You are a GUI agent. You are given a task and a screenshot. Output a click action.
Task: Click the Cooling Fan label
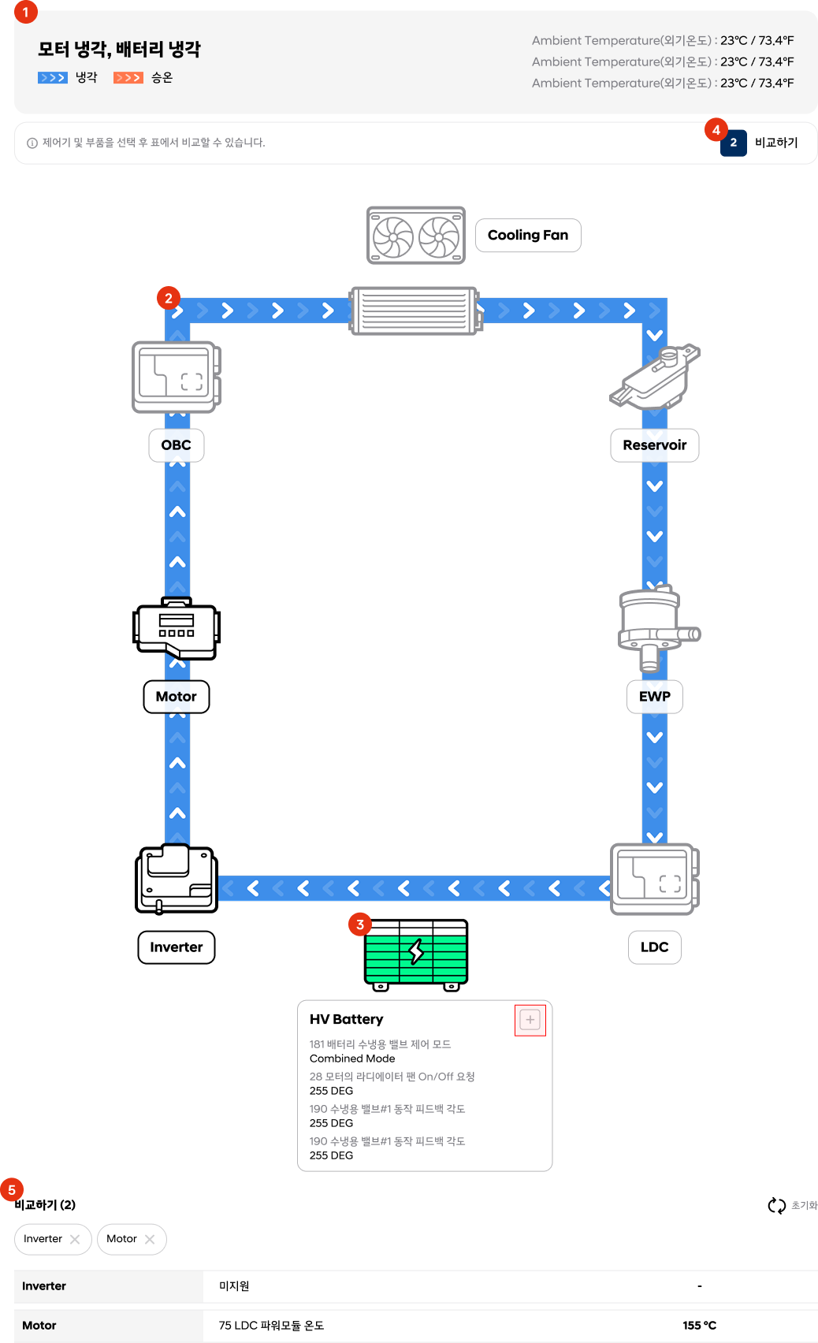528,235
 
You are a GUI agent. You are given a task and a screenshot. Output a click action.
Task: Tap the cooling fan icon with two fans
416,235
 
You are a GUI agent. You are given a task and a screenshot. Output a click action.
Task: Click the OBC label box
177,445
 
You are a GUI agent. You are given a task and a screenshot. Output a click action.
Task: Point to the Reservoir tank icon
655,376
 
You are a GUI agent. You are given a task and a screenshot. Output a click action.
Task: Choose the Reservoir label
654,445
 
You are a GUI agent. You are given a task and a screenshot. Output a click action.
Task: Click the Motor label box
177,696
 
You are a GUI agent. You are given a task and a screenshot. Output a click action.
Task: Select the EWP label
654,696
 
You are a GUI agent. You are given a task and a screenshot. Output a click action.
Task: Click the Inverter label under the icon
177,947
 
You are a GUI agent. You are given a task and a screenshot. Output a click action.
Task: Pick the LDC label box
654,947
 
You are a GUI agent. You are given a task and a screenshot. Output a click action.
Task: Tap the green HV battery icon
416,954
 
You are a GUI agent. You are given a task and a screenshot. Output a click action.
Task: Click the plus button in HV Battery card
530,1020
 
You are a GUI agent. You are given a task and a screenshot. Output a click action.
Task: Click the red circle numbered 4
716,129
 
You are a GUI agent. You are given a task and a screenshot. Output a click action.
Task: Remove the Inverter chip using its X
75,1239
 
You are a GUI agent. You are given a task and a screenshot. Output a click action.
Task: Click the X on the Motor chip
150,1239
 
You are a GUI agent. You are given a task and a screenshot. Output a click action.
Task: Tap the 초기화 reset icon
777,1205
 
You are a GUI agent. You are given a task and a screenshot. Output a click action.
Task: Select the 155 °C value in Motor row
699,1325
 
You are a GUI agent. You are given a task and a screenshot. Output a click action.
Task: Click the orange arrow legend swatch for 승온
128,78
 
